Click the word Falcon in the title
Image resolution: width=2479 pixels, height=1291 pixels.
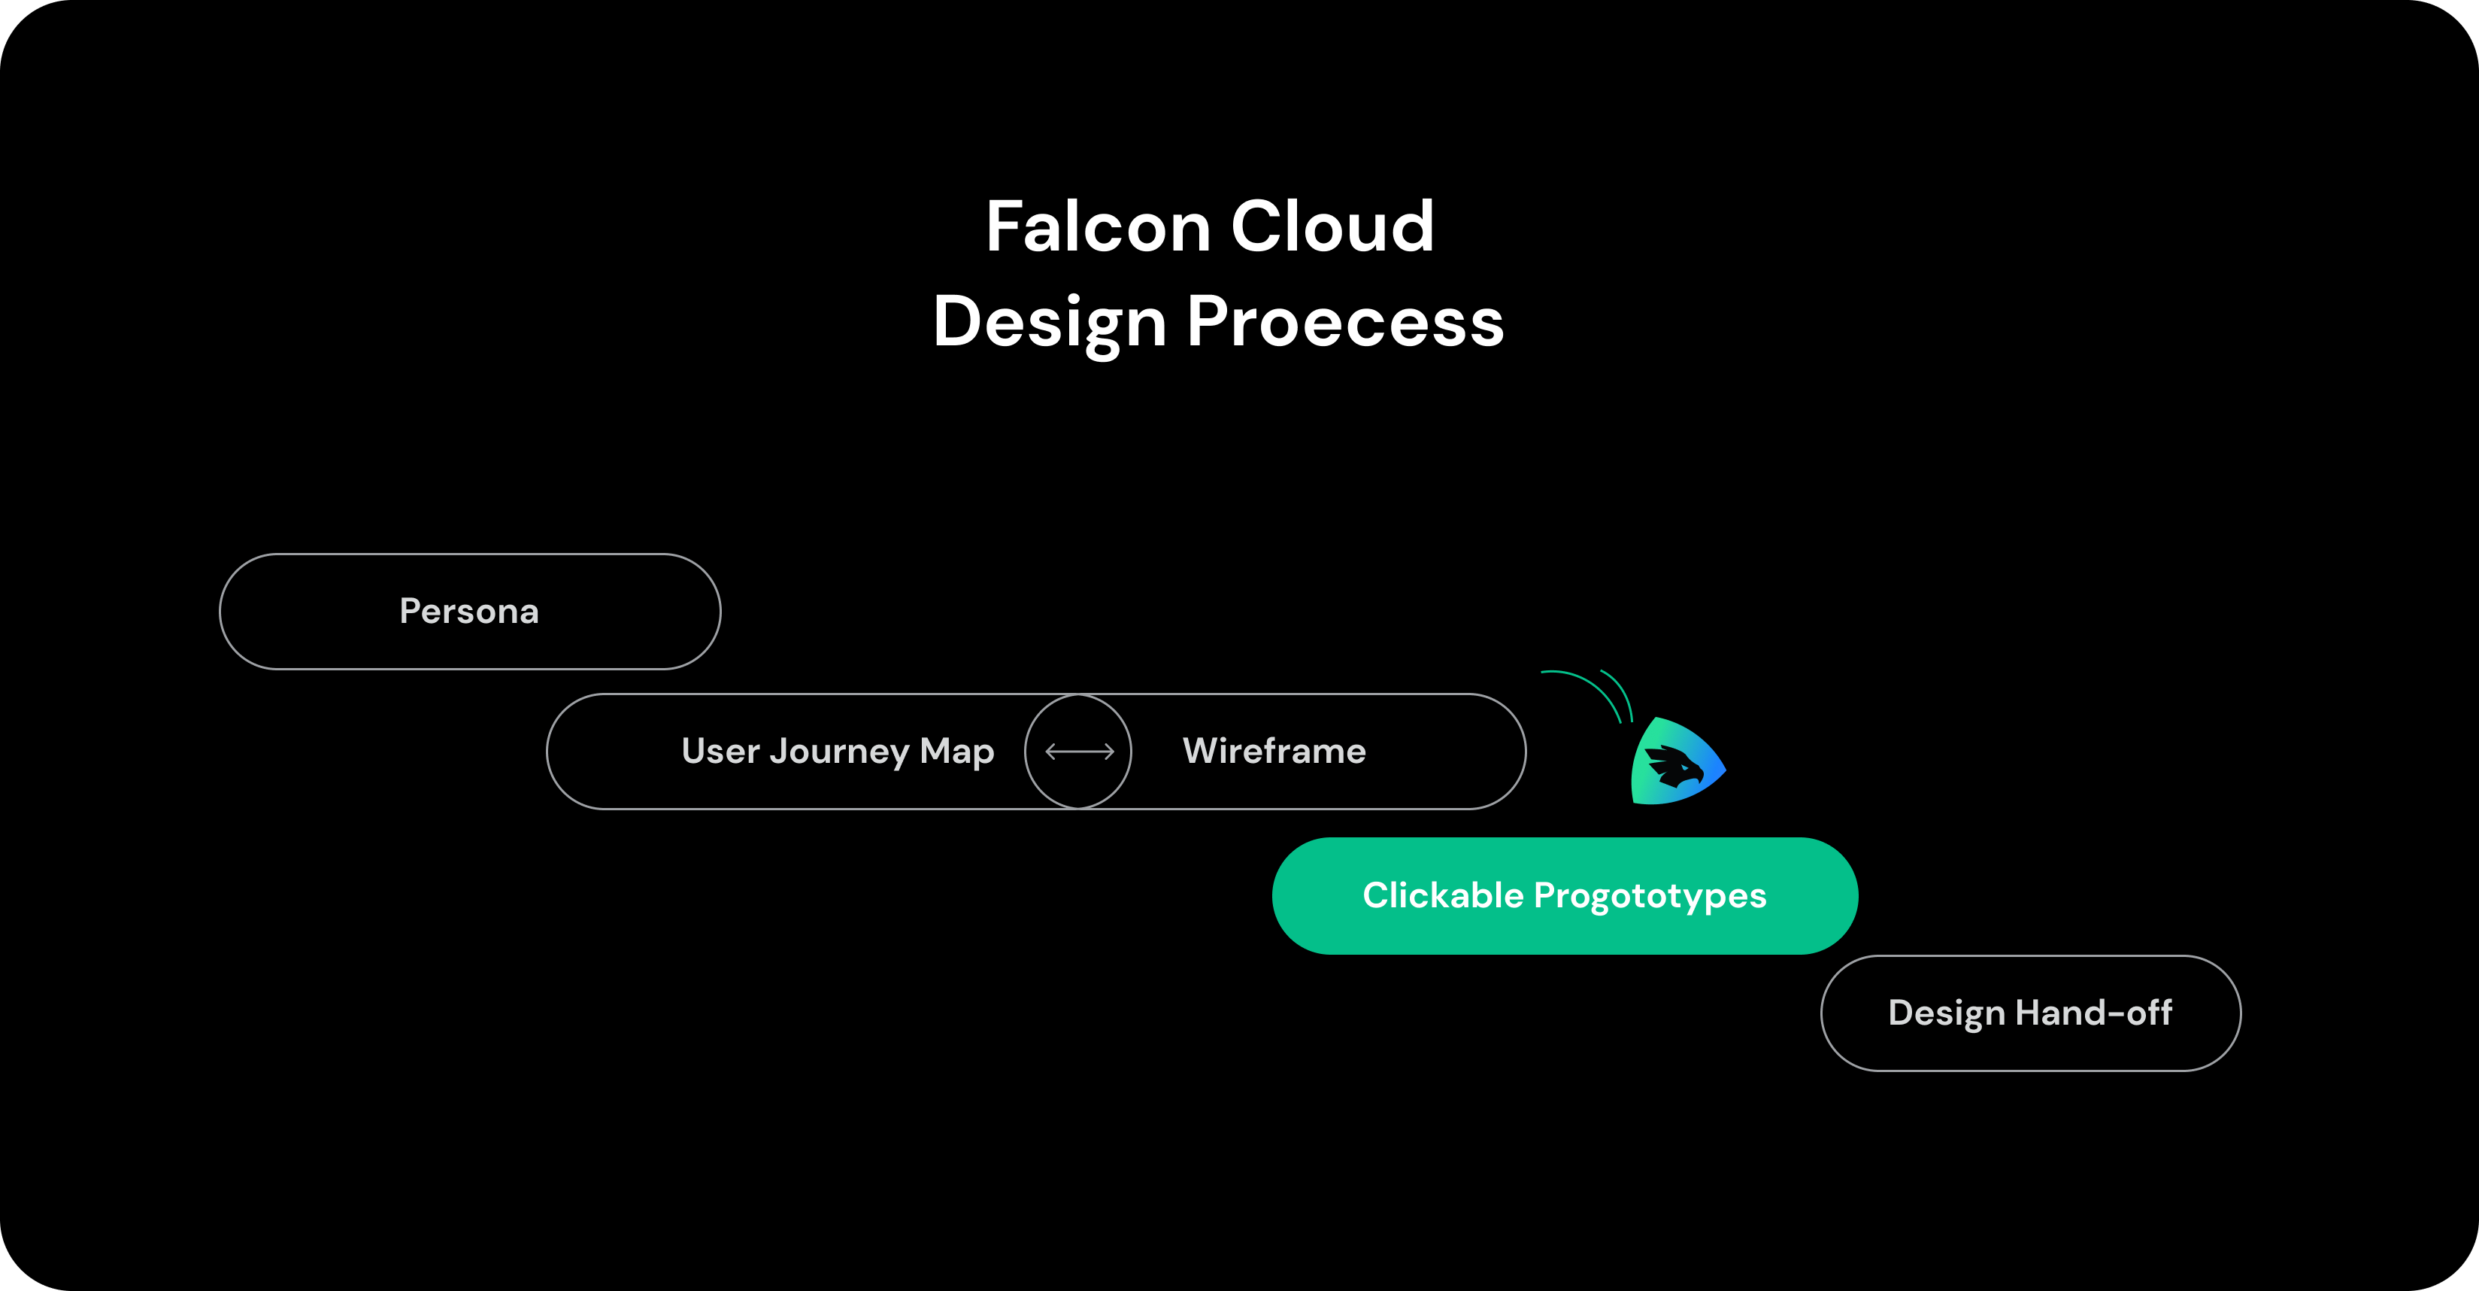[x=1097, y=227]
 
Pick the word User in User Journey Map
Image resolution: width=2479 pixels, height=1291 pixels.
[x=720, y=751]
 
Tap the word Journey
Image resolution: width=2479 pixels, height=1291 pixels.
[x=838, y=752]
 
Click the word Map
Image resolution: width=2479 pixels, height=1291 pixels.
[x=956, y=752]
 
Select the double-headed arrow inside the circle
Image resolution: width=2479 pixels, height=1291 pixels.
[x=1079, y=752]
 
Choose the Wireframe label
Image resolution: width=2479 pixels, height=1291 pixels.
[x=1274, y=751]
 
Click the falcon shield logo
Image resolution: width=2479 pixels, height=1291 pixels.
[x=1677, y=762]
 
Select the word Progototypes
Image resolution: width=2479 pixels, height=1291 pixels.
[x=1650, y=896]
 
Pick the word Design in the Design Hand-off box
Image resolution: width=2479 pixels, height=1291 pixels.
[x=1946, y=1013]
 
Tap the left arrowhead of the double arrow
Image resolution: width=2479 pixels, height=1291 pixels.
[x=1050, y=752]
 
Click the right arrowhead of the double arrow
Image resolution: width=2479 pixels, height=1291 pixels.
[x=1110, y=752]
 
